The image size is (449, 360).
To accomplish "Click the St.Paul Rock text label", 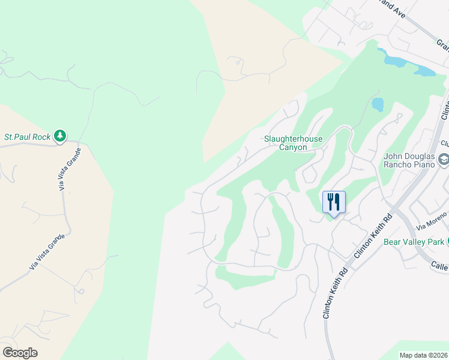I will click(28, 137).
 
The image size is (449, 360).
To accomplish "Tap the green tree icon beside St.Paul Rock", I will click(59, 136).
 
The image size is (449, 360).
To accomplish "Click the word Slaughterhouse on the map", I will click(294, 139).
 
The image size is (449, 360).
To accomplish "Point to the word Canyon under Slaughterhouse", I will click(294, 148).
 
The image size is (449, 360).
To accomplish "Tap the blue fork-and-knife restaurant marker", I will click(334, 202).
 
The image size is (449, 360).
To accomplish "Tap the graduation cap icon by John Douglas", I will click(444, 160).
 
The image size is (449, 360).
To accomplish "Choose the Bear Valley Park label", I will click(414, 242).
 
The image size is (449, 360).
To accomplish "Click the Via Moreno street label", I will click(432, 221).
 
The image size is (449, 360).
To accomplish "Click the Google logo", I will click(20, 352).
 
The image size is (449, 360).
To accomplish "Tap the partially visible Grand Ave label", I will click(393, 6).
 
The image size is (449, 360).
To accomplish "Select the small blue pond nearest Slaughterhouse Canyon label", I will click(378, 104).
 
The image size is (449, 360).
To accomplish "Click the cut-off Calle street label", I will click(440, 265).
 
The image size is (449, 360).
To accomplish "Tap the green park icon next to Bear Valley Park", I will click(448, 242).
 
